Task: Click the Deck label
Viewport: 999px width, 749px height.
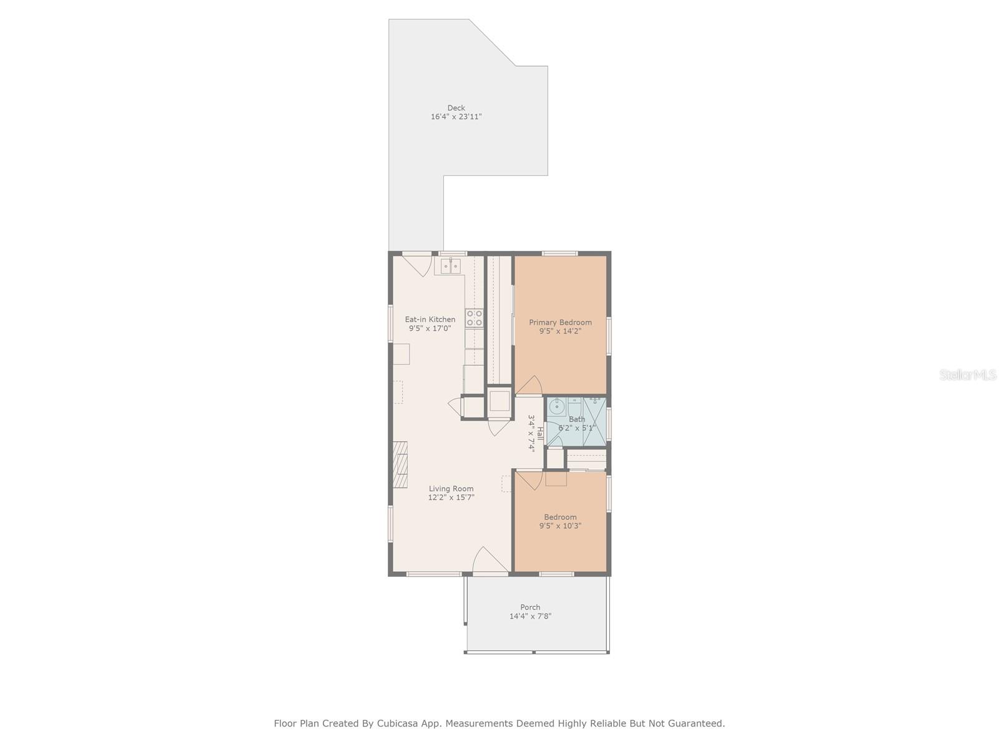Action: pyautogui.click(x=456, y=108)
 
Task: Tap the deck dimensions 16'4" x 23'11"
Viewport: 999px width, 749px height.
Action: pyautogui.click(x=456, y=117)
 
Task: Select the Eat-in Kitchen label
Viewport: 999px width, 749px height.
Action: pyautogui.click(x=430, y=320)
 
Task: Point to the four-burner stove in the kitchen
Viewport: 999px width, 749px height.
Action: pyautogui.click(x=474, y=318)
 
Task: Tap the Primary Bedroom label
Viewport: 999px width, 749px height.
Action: pyautogui.click(x=560, y=323)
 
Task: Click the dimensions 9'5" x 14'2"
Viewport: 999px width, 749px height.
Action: pyautogui.click(x=560, y=331)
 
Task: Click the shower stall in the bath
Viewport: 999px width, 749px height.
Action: pyautogui.click(x=595, y=421)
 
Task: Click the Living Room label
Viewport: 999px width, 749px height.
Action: pyautogui.click(x=451, y=489)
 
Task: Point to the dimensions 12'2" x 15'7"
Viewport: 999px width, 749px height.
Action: pyautogui.click(x=451, y=497)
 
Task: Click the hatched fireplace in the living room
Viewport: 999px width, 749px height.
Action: pyautogui.click(x=400, y=464)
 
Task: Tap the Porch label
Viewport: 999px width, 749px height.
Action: pyautogui.click(x=530, y=607)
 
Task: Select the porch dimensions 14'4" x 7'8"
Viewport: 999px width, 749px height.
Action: pyautogui.click(x=530, y=616)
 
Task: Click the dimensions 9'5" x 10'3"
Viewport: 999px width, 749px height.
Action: pyautogui.click(x=560, y=526)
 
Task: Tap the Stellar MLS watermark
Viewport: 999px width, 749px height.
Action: pyautogui.click(x=968, y=375)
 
